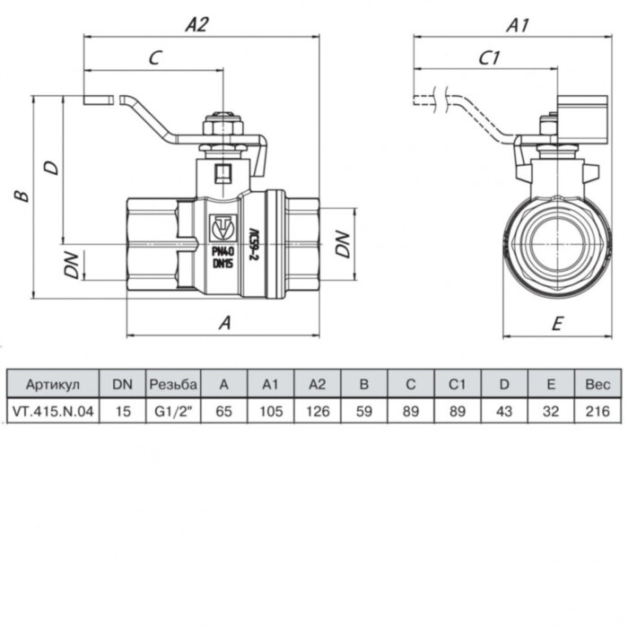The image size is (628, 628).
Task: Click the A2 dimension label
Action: (196, 25)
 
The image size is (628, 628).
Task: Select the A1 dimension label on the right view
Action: (517, 25)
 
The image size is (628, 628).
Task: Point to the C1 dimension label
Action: (489, 58)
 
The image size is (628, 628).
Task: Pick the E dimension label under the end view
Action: (556, 323)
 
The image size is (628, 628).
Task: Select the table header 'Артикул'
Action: (53, 384)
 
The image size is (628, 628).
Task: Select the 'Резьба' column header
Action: (172, 384)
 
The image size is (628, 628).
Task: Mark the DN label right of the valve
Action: (342, 244)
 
